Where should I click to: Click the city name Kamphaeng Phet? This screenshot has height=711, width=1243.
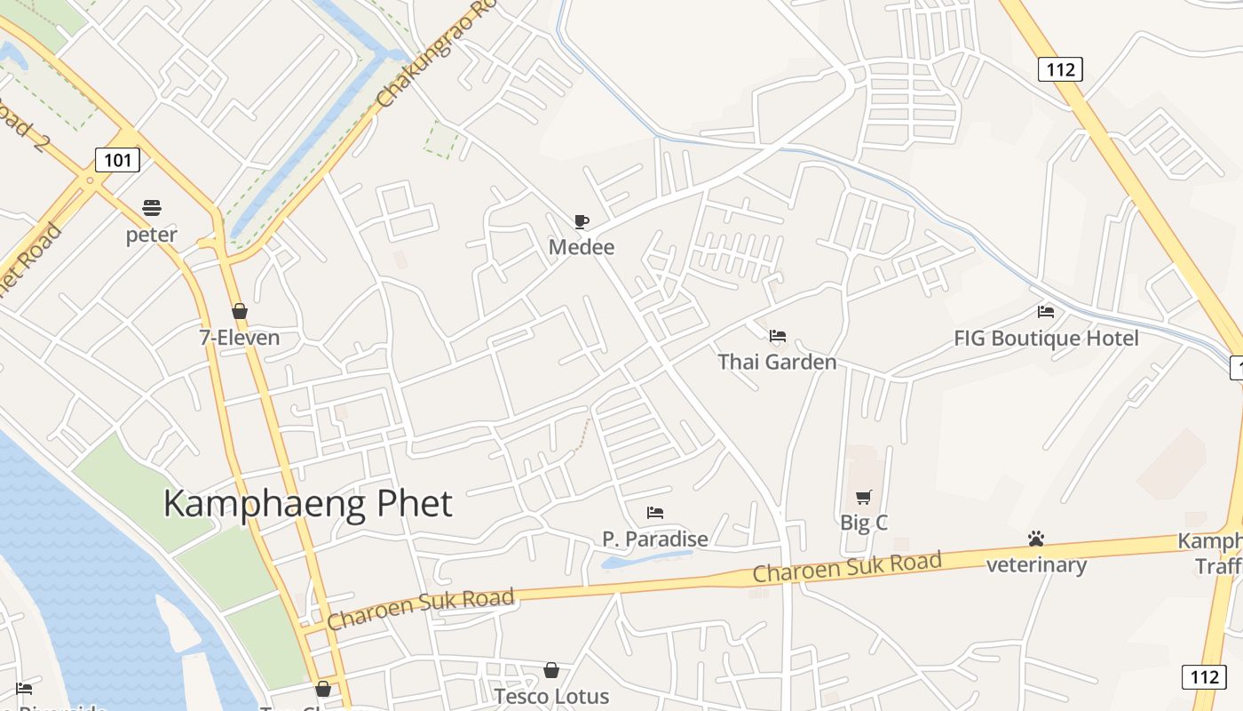(308, 504)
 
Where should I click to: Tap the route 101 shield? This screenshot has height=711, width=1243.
(117, 160)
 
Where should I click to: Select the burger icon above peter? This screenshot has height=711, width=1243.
(152, 208)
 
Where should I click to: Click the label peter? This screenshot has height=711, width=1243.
(152, 235)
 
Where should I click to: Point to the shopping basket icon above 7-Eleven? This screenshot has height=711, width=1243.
(239, 311)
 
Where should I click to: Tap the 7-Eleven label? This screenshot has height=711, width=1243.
(239, 338)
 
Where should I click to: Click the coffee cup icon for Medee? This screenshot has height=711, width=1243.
(582, 221)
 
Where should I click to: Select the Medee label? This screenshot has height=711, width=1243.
(582, 246)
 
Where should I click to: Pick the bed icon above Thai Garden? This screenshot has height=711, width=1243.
(778, 335)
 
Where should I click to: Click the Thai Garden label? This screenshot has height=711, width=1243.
(777, 362)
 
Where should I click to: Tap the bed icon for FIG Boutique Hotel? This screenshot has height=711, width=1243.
(1046, 312)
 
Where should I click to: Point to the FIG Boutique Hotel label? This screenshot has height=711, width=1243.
(1046, 339)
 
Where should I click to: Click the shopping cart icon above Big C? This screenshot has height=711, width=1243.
(864, 497)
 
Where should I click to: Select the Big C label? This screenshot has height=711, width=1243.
(864, 523)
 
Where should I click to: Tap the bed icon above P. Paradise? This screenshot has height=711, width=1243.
(655, 513)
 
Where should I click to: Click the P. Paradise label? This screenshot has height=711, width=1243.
(655, 539)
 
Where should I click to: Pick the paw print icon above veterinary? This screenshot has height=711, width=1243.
(1036, 539)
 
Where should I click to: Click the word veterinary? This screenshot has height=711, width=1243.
(1036, 565)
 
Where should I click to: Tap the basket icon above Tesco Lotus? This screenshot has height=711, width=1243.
(551, 670)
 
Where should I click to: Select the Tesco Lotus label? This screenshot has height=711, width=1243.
(551, 696)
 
